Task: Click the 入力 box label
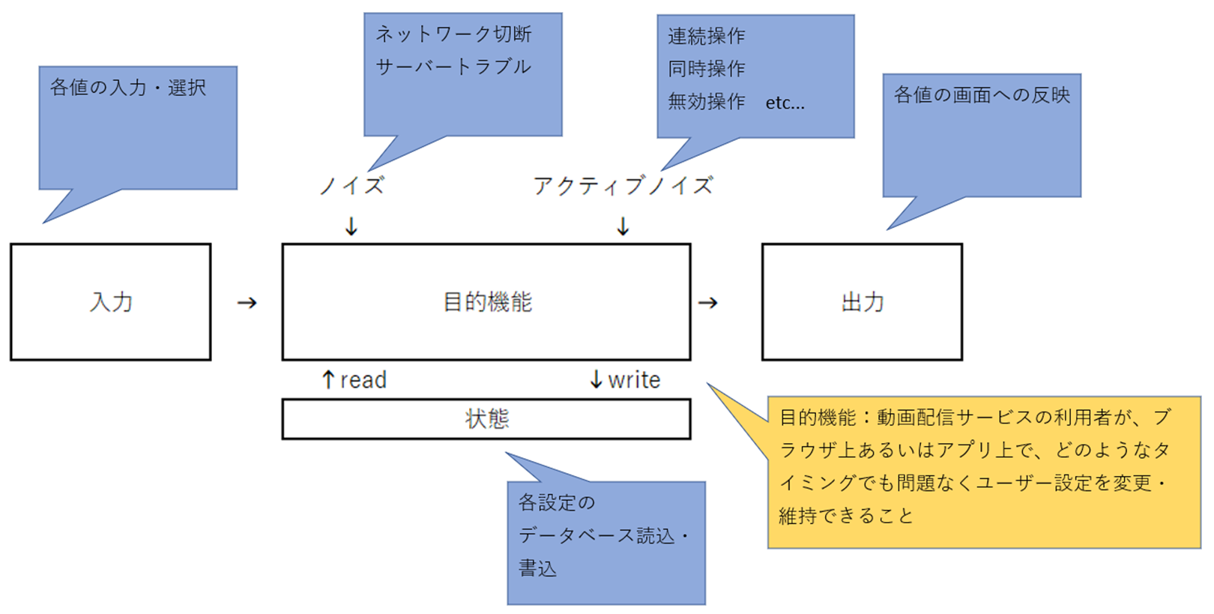pos(111,302)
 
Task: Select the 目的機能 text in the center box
pos(487,302)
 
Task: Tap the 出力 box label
pos(863,302)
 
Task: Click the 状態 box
pos(486,418)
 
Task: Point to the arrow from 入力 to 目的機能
pos(247,303)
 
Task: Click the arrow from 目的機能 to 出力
pos(708,303)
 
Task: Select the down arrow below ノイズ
pos(351,226)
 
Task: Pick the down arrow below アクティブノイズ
pos(623,226)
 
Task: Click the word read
pos(363,380)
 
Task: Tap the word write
pos(634,380)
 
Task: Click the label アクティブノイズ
pos(623,185)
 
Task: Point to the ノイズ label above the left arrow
pos(351,185)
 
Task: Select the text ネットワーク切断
pos(453,34)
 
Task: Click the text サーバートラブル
pos(453,67)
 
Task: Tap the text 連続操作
pos(706,36)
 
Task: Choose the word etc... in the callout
pos(785,103)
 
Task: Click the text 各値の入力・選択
pos(128,88)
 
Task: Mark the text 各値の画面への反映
pos(982,95)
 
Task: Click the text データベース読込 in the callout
pos(597,535)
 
